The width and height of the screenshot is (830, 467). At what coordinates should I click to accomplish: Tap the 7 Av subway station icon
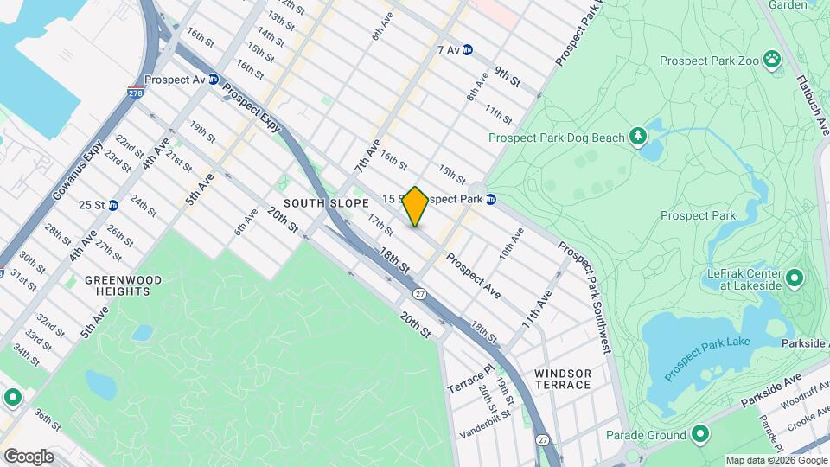(x=468, y=50)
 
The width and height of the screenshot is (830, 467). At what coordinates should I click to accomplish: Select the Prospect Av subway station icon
(x=213, y=79)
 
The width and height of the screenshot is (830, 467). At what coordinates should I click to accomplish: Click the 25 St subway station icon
(x=113, y=205)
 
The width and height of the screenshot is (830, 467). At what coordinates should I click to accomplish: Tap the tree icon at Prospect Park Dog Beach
(x=638, y=136)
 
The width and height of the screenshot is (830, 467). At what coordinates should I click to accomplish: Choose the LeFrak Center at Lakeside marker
(x=795, y=279)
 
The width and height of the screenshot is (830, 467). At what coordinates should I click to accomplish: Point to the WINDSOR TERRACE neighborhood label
(x=562, y=378)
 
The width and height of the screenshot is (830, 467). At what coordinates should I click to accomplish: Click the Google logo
(x=29, y=456)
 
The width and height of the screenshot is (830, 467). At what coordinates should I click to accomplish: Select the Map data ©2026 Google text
(x=776, y=460)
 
